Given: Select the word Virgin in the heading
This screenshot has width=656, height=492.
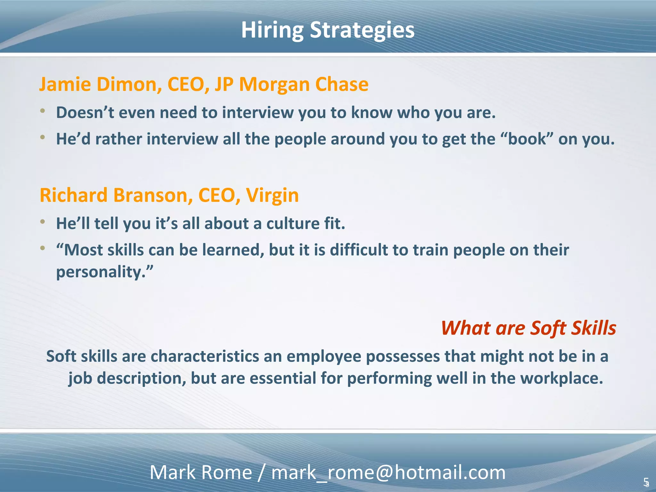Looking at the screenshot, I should pyautogui.click(x=272, y=196).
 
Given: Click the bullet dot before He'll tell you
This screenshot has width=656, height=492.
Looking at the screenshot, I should pyautogui.click(x=43, y=222).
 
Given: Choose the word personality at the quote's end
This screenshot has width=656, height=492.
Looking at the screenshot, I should pyautogui.click(x=99, y=272).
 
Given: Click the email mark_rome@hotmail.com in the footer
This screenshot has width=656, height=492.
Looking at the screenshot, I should pyautogui.click(x=388, y=472).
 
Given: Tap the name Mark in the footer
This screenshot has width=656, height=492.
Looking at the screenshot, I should pyautogui.click(x=173, y=472).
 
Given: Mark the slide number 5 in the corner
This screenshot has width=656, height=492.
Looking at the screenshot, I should pyautogui.click(x=646, y=481).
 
